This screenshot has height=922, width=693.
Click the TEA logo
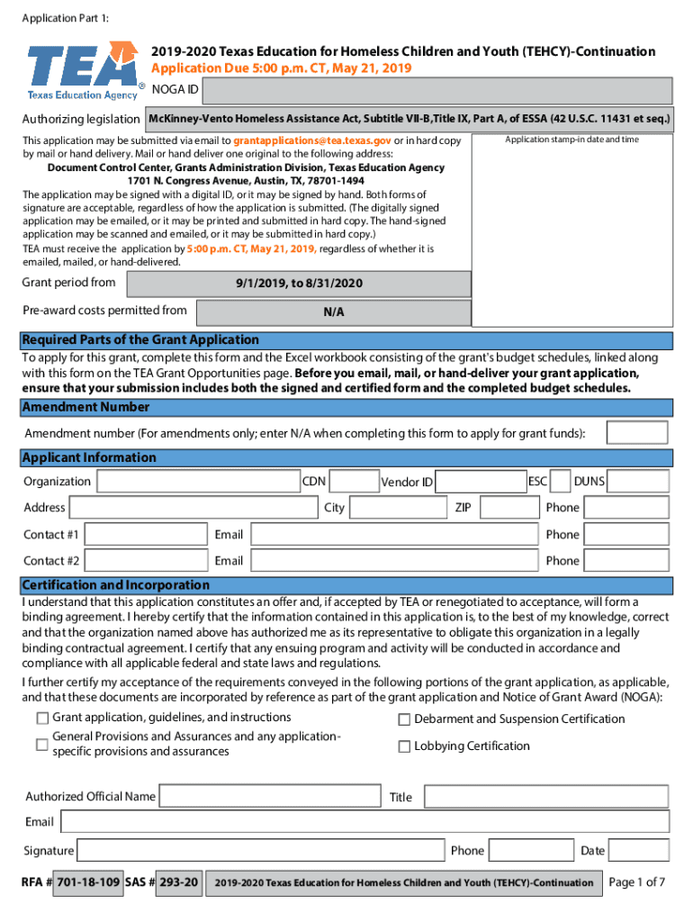tap(83, 70)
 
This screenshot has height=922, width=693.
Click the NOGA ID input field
tap(437, 91)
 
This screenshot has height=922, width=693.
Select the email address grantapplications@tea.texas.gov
tap(311, 141)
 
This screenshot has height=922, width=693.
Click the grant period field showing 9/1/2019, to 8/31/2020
tap(299, 284)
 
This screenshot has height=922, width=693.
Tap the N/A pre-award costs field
tap(333, 312)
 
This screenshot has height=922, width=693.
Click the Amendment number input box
tap(636, 433)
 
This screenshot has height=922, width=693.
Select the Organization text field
tap(197, 482)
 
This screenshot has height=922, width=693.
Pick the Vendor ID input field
tap(481, 482)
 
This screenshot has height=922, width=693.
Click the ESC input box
tap(560, 482)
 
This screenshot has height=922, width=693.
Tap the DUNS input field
tap(639, 482)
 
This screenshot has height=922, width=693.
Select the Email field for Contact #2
tap(395, 561)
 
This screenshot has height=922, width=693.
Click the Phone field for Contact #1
tap(626, 535)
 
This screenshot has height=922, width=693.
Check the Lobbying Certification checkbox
tap(404, 746)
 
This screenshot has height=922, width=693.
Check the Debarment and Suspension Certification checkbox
tap(404, 719)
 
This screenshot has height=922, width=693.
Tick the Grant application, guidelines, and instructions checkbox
tap(42, 719)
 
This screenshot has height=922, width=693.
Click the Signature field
tap(261, 851)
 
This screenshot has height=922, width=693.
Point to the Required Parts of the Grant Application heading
tap(140, 340)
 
